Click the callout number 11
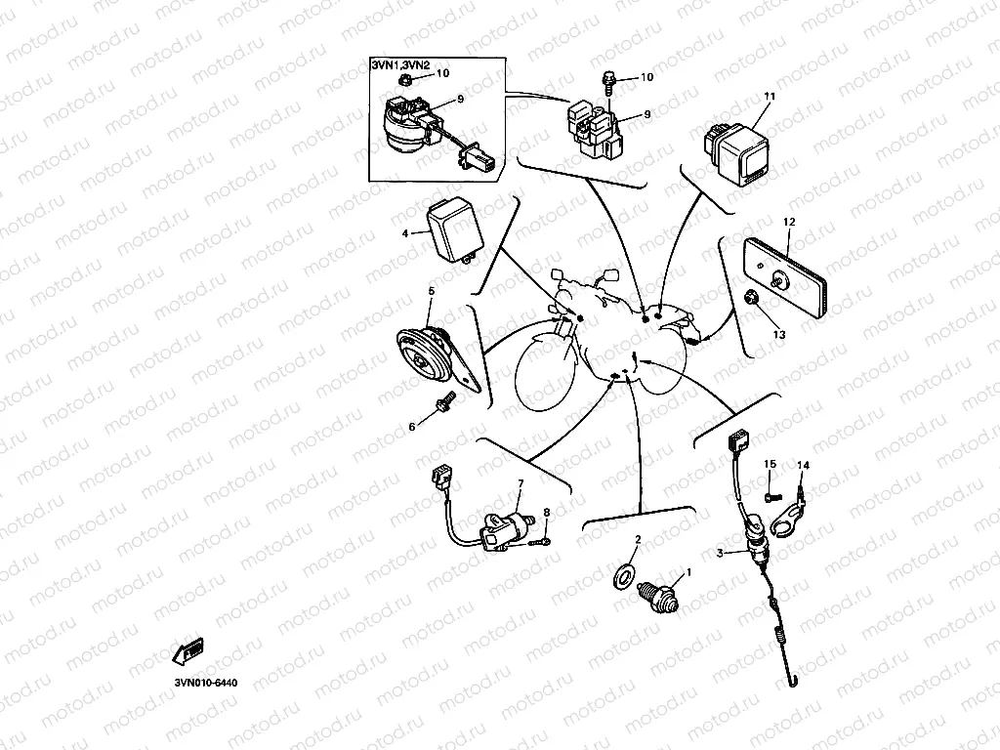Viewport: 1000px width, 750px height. tap(770, 96)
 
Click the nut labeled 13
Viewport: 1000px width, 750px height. tap(753, 297)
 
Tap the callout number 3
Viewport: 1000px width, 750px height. tap(720, 554)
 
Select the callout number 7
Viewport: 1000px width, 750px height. tap(521, 483)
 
